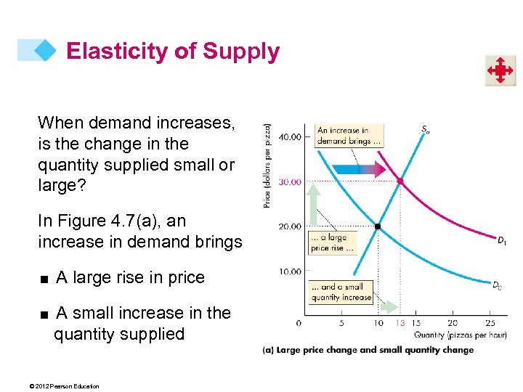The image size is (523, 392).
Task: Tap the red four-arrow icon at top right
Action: point(500,71)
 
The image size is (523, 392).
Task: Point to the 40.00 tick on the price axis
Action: point(290,137)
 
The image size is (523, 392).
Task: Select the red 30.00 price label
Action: point(290,182)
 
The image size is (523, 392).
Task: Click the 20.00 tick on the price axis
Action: point(290,226)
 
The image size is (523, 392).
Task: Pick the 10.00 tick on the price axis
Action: point(290,271)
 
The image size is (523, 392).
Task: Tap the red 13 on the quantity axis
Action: point(400,322)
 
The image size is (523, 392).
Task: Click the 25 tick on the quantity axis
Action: point(490,322)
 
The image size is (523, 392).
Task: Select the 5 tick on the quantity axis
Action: point(341,322)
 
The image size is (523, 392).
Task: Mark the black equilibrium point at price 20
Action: point(378,226)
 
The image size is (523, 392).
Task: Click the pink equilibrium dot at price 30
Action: point(400,181)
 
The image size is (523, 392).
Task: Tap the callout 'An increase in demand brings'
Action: point(347,136)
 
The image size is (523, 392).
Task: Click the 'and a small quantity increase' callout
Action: point(341,292)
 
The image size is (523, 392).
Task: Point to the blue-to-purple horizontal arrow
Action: point(358,171)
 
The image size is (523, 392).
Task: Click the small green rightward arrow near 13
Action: point(390,307)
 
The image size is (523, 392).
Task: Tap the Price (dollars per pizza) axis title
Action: point(268,166)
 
